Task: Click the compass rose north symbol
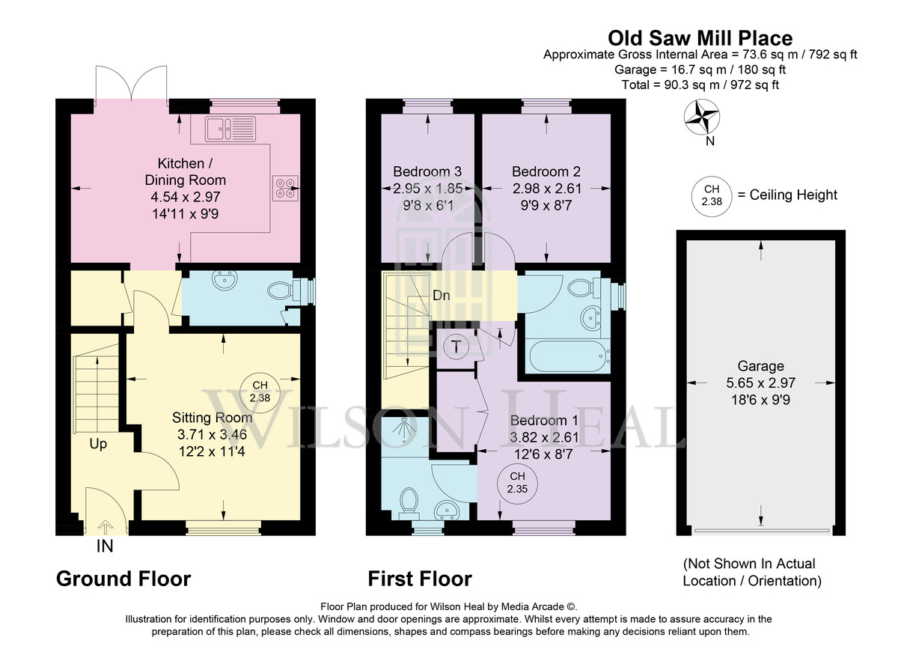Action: pos(702,117)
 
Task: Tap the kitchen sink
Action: pos(230,129)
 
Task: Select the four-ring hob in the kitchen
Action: pos(285,188)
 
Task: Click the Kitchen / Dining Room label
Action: pos(186,171)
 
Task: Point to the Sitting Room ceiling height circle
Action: pos(260,392)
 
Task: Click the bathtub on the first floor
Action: pos(568,356)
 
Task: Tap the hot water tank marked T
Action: pos(456,346)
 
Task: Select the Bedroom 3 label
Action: pos(427,171)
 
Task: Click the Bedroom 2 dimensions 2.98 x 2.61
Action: pos(546,189)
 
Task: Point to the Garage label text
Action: pos(761,366)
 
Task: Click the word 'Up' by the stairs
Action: pos(98,444)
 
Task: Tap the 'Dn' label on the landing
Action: pos(442,296)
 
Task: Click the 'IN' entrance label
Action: pos(105,546)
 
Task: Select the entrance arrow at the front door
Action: pos(106,527)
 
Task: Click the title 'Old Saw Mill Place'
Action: pos(700,38)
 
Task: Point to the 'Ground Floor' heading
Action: pos(123,579)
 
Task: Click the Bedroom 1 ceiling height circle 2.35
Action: pos(517,483)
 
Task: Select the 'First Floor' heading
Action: pos(420,579)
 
